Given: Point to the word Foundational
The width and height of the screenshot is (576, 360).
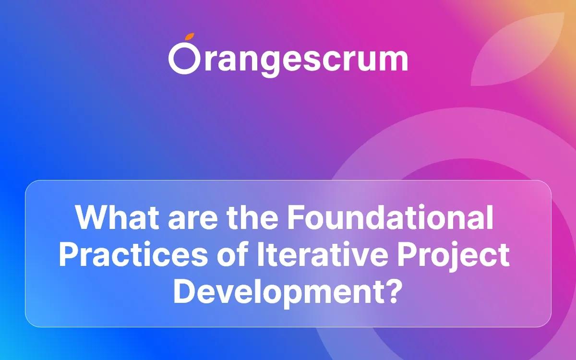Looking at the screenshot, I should (390, 218).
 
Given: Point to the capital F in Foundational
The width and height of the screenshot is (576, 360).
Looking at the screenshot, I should (296, 218).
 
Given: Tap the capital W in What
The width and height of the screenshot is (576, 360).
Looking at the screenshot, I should (92, 218).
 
